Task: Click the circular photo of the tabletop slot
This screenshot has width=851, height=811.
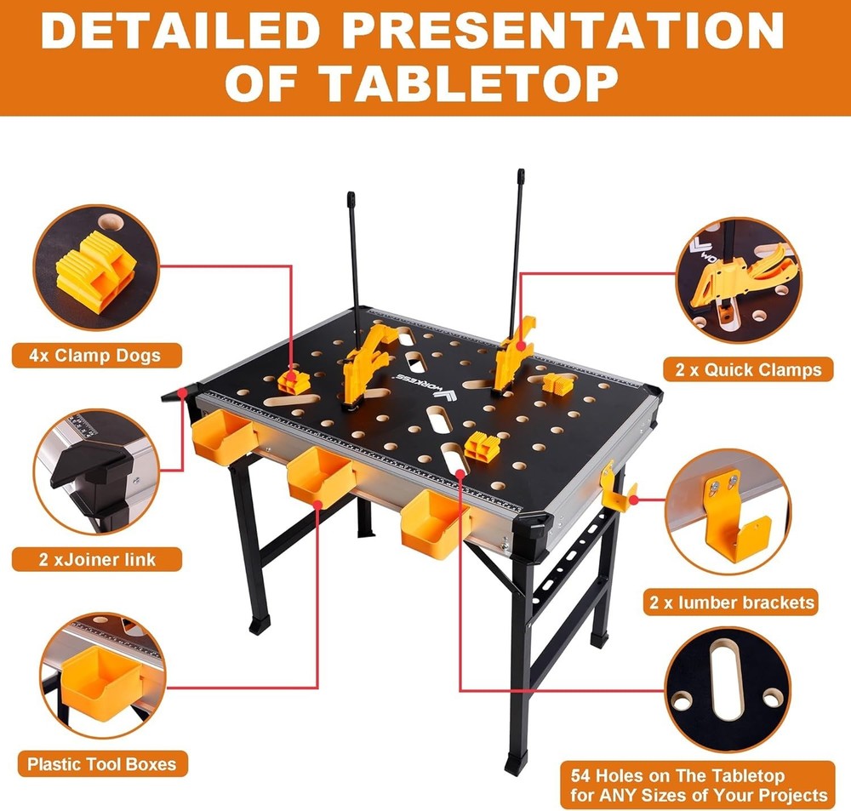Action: click(738, 688)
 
